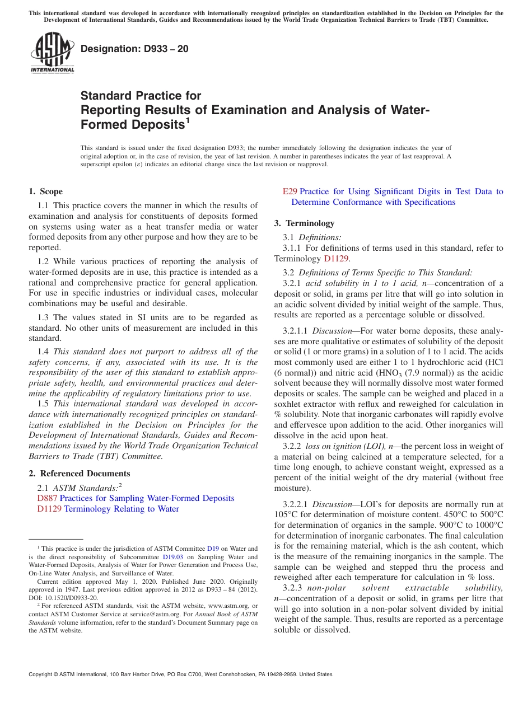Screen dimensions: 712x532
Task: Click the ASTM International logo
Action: (52, 53)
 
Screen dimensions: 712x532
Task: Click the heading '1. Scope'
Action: (46, 191)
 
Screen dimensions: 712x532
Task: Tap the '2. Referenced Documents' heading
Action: (80, 474)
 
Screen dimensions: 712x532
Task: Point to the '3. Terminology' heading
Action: (304, 223)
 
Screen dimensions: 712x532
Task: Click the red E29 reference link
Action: (290, 191)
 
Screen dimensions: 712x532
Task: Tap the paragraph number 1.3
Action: (44, 317)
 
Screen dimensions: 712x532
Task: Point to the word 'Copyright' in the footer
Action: (43, 674)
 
